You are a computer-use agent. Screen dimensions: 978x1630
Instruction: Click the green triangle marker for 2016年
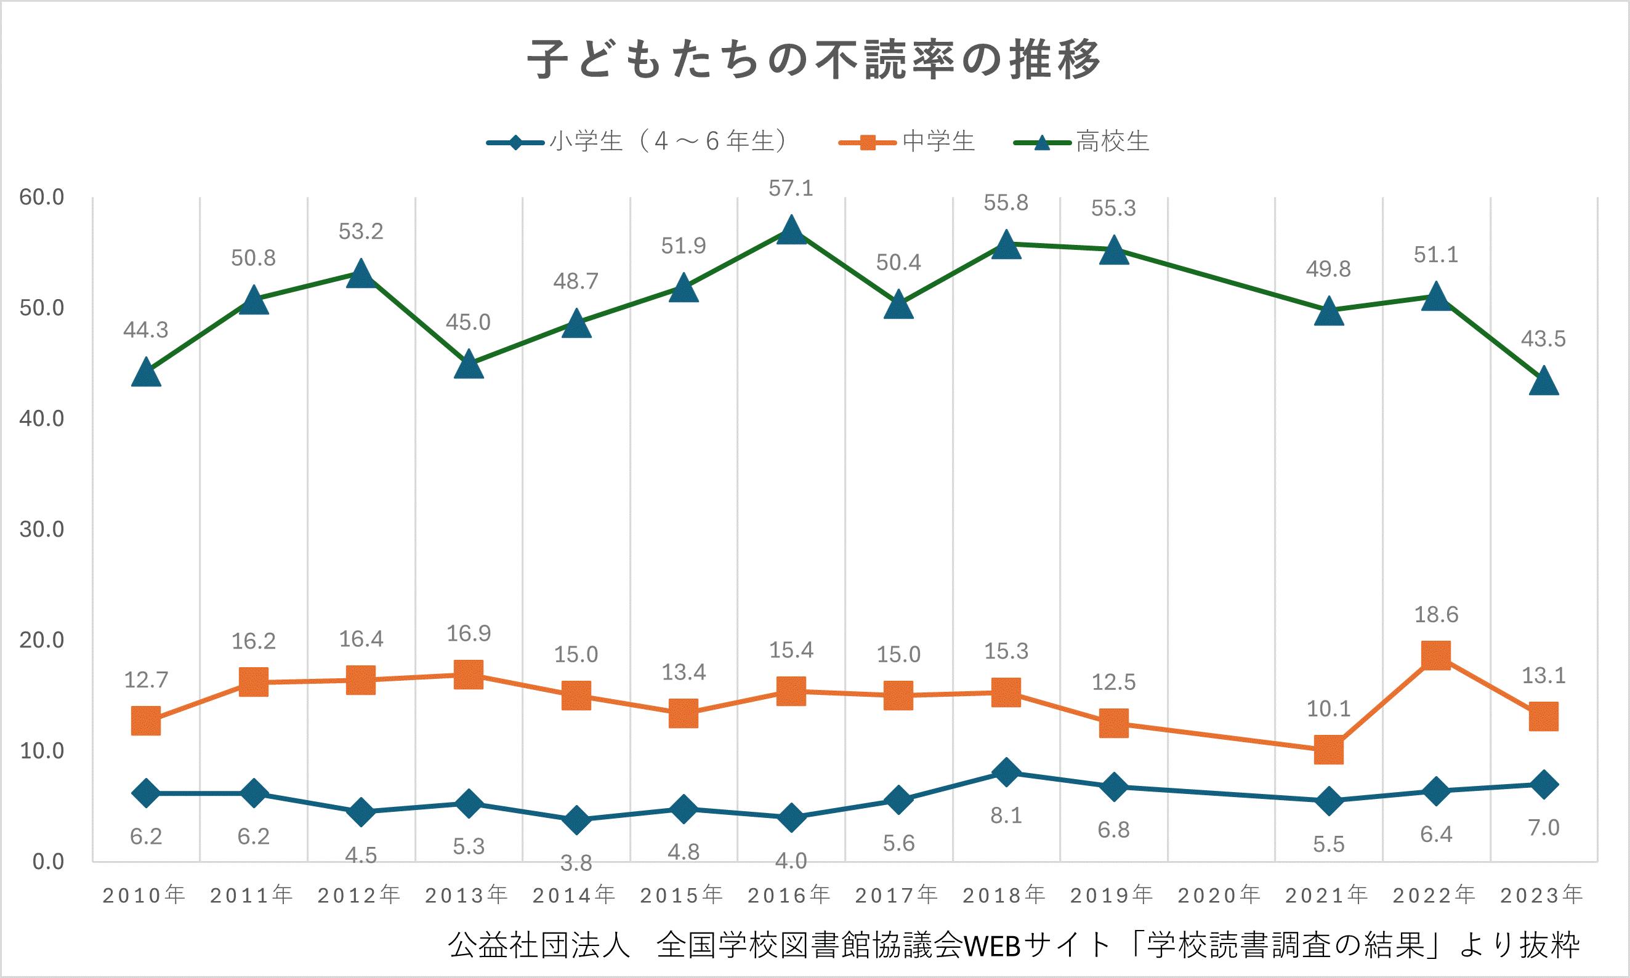(x=791, y=231)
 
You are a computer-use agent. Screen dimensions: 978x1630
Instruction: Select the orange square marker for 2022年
(x=1436, y=655)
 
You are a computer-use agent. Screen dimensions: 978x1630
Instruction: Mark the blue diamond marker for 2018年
(x=1006, y=772)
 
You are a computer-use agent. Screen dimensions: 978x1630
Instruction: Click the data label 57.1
(x=791, y=189)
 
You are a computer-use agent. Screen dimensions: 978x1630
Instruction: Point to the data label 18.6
(x=1436, y=615)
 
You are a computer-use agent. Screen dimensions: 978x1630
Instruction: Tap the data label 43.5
(x=1544, y=339)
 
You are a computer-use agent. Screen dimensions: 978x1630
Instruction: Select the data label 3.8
(x=576, y=862)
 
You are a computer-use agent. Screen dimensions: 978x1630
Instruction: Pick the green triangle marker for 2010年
(x=146, y=373)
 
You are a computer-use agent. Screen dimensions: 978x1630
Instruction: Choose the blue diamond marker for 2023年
(x=1544, y=784)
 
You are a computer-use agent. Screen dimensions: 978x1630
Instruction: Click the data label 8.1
(x=1006, y=816)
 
